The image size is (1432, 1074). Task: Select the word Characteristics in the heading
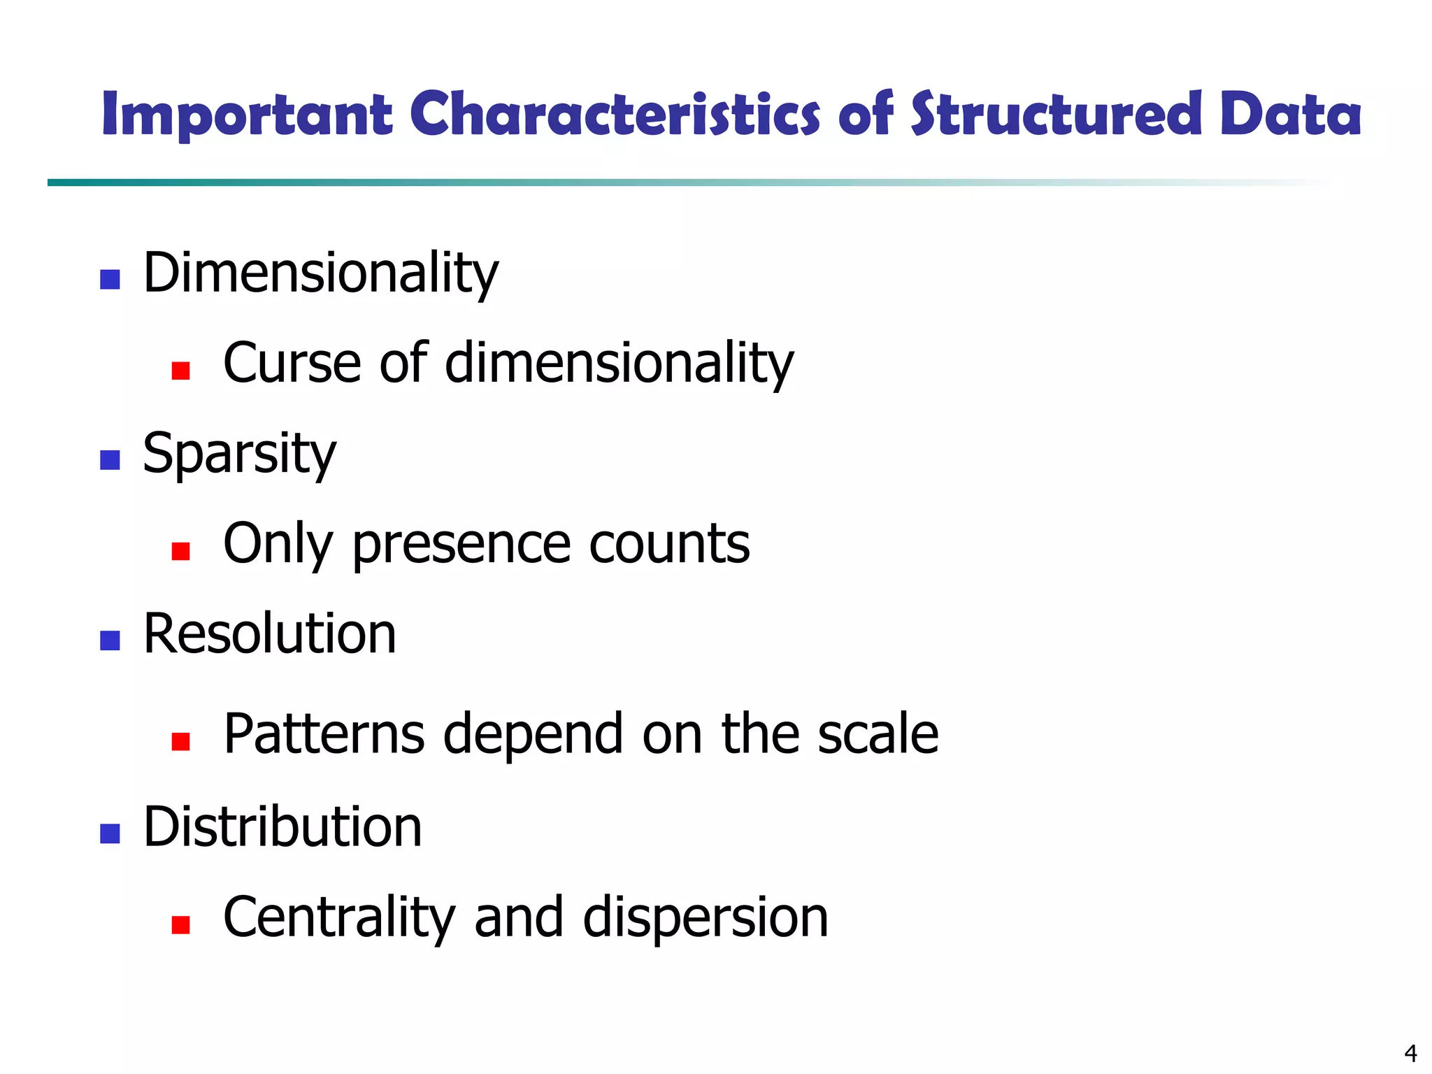click(x=614, y=114)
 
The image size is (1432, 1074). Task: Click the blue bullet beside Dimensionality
click(x=110, y=280)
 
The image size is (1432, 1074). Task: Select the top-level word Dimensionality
click(x=320, y=273)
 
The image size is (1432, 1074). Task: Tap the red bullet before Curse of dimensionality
click(x=180, y=370)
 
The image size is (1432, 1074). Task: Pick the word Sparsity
click(x=239, y=454)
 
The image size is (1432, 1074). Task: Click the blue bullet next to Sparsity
click(x=110, y=460)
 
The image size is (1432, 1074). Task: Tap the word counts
click(x=669, y=545)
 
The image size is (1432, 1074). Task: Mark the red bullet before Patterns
click(x=180, y=741)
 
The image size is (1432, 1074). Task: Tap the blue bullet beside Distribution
click(x=110, y=833)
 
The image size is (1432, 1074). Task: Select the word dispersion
click(x=705, y=917)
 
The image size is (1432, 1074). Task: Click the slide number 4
click(x=1410, y=1052)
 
